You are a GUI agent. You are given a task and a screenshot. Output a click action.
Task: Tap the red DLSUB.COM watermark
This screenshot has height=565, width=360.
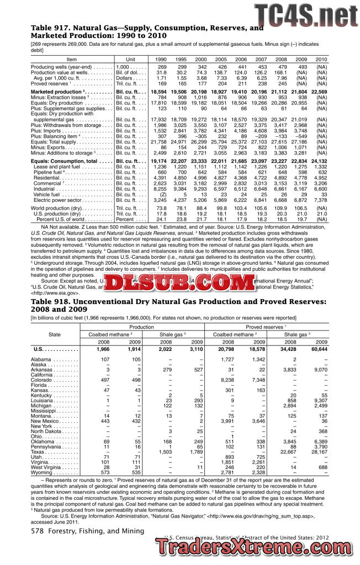point(179,284)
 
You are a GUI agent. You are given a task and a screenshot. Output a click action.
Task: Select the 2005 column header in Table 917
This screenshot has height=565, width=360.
point(221,59)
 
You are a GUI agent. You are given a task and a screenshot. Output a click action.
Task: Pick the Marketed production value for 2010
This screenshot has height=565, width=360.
point(319,92)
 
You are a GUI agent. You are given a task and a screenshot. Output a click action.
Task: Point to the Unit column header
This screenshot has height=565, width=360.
point(130,59)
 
